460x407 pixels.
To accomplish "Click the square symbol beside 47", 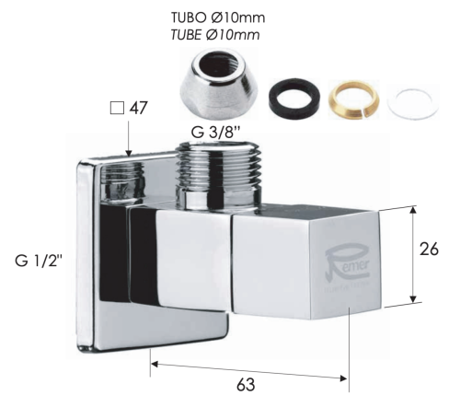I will coord(117,109).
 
